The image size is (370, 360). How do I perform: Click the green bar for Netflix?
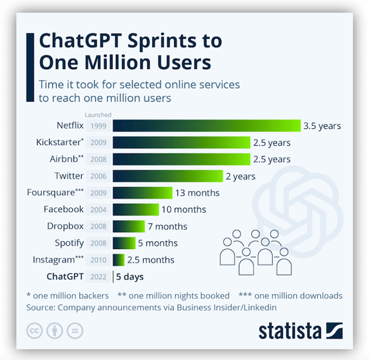(207, 126)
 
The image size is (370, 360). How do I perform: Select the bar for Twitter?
(168, 176)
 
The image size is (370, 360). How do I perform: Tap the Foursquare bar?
(142, 193)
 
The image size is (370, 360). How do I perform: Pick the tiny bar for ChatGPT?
(113, 277)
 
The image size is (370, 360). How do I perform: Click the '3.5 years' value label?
(322, 126)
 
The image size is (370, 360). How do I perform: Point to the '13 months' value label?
(198, 193)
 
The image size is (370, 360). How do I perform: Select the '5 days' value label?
(130, 277)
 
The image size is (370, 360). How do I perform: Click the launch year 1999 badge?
(99, 126)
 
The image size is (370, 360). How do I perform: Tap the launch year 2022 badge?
(99, 277)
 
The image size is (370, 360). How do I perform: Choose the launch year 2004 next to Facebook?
(99, 210)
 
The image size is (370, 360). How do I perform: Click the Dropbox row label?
(65, 226)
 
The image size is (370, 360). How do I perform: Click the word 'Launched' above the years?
(99, 115)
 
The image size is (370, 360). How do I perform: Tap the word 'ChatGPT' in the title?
(79, 41)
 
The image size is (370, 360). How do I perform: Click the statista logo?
(300, 331)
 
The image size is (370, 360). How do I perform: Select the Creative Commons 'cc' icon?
(34, 331)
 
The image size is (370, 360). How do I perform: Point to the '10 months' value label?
(184, 210)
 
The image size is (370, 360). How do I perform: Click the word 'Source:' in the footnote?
(43, 308)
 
